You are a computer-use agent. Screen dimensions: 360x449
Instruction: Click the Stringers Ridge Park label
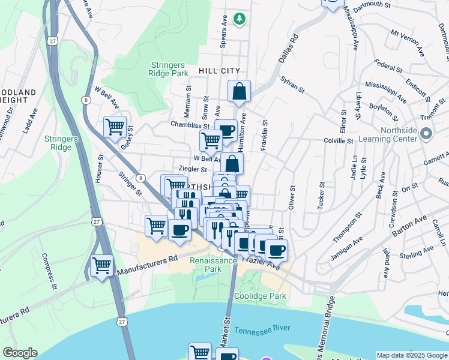(169, 68)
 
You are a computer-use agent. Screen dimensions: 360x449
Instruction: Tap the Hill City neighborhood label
(218, 71)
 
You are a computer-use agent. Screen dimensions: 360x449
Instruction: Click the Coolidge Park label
(259, 296)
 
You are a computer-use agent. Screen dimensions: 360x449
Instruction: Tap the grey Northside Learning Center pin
(426, 134)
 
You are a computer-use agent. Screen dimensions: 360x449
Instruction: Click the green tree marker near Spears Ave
(240, 19)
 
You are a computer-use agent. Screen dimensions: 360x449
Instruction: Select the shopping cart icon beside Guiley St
(115, 127)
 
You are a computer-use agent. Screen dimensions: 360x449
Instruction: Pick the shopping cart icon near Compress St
(101, 265)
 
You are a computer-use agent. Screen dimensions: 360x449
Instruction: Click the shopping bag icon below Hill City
(239, 92)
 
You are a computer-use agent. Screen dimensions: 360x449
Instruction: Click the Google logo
(20, 353)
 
